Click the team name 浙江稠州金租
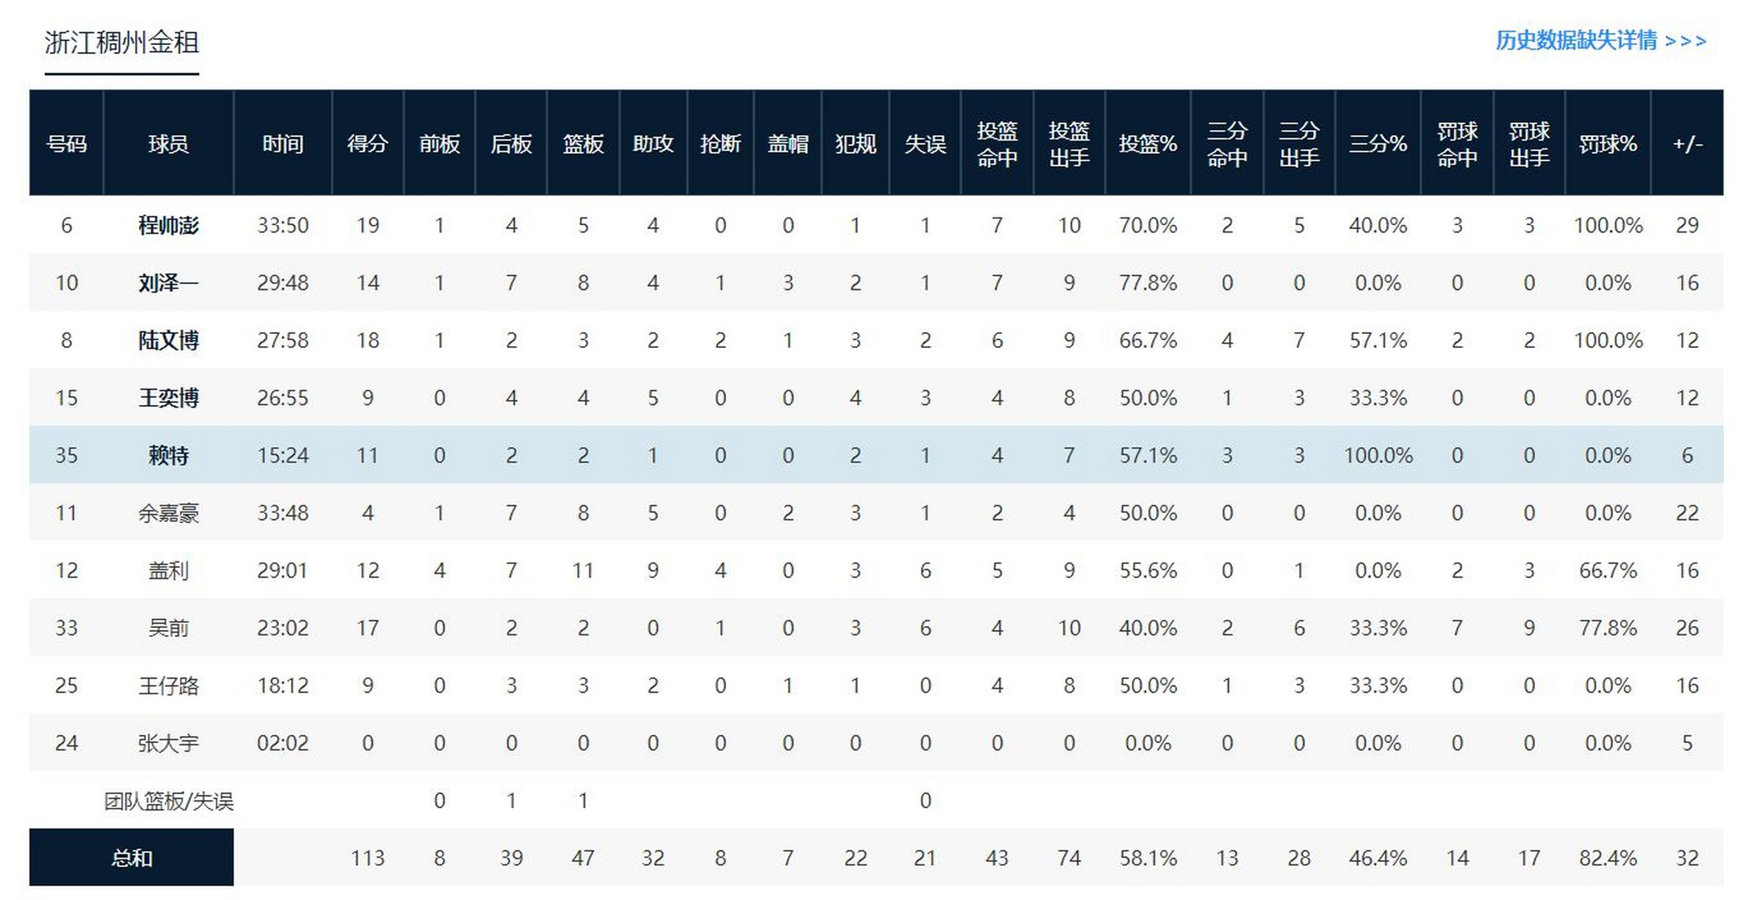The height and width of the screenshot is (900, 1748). pyautogui.click(x=122, y=43)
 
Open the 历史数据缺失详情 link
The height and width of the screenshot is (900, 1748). pyautogui.click(x=1600, y=41)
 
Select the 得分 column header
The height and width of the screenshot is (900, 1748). pyautogui.click(x=368, y=144)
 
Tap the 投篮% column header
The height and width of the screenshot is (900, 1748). pyautogui.click(x=1147, y=144)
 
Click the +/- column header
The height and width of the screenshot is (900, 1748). pyautogui.click(x=1687, y=144)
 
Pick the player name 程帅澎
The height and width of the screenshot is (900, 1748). pyautogui.click(x=169, y=226)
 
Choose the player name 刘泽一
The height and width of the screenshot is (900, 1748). pyautogui.click(x=169, y=283)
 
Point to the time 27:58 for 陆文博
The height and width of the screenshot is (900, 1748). pyautogui.click(x=283, y=341)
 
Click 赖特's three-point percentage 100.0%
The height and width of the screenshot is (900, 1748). pyautogui.click(x=1378, y=456)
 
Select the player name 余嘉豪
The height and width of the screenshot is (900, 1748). pyautogui.click(x=169, y=513)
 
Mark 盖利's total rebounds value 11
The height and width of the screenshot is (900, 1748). pyautogui.click(x=583, y=570)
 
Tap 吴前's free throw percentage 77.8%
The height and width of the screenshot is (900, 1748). pyautogui.click(x=1607, y=628)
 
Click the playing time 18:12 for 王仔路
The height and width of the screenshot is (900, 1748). pyautogui.click(x=283, y=686)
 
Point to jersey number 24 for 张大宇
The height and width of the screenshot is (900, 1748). pyautogui.click(x=66, y=743)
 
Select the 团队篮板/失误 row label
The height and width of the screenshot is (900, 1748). pyautogui.click(x=169, y=801)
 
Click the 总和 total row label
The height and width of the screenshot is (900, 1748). pyautogui.click(x=131, y=858)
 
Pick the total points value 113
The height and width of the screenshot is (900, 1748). pyautogui.click(x=368, y=858)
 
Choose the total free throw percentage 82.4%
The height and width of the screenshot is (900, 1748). pyautogui.click(x=1607, y=858)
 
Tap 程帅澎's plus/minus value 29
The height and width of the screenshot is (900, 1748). pyautogui.click(x=1687, y=226)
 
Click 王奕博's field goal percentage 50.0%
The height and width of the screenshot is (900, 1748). pyautogui.click(x=1147, y=399)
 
